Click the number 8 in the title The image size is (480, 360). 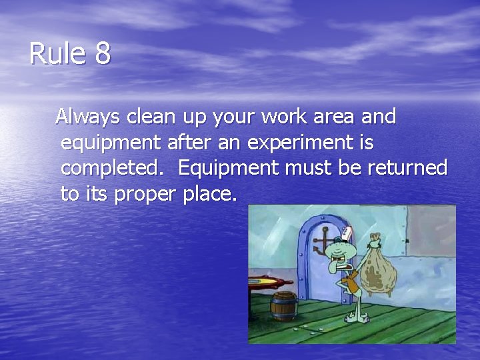pos(102,54)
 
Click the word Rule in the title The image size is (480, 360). pos(57,54)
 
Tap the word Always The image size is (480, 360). pos(88,117)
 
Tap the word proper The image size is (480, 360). pos(144,195)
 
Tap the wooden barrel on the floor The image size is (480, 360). pos(283,307)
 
